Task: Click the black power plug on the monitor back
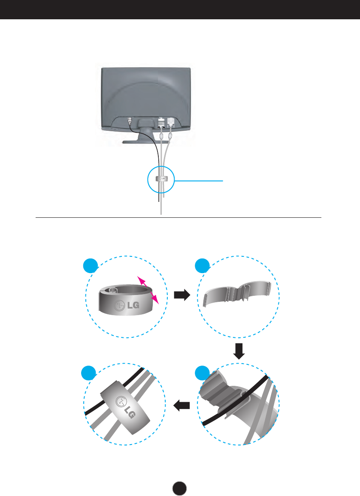(x=130, y=120)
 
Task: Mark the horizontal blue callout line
(x=199, y=181)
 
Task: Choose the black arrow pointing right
(x=182, y=295)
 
